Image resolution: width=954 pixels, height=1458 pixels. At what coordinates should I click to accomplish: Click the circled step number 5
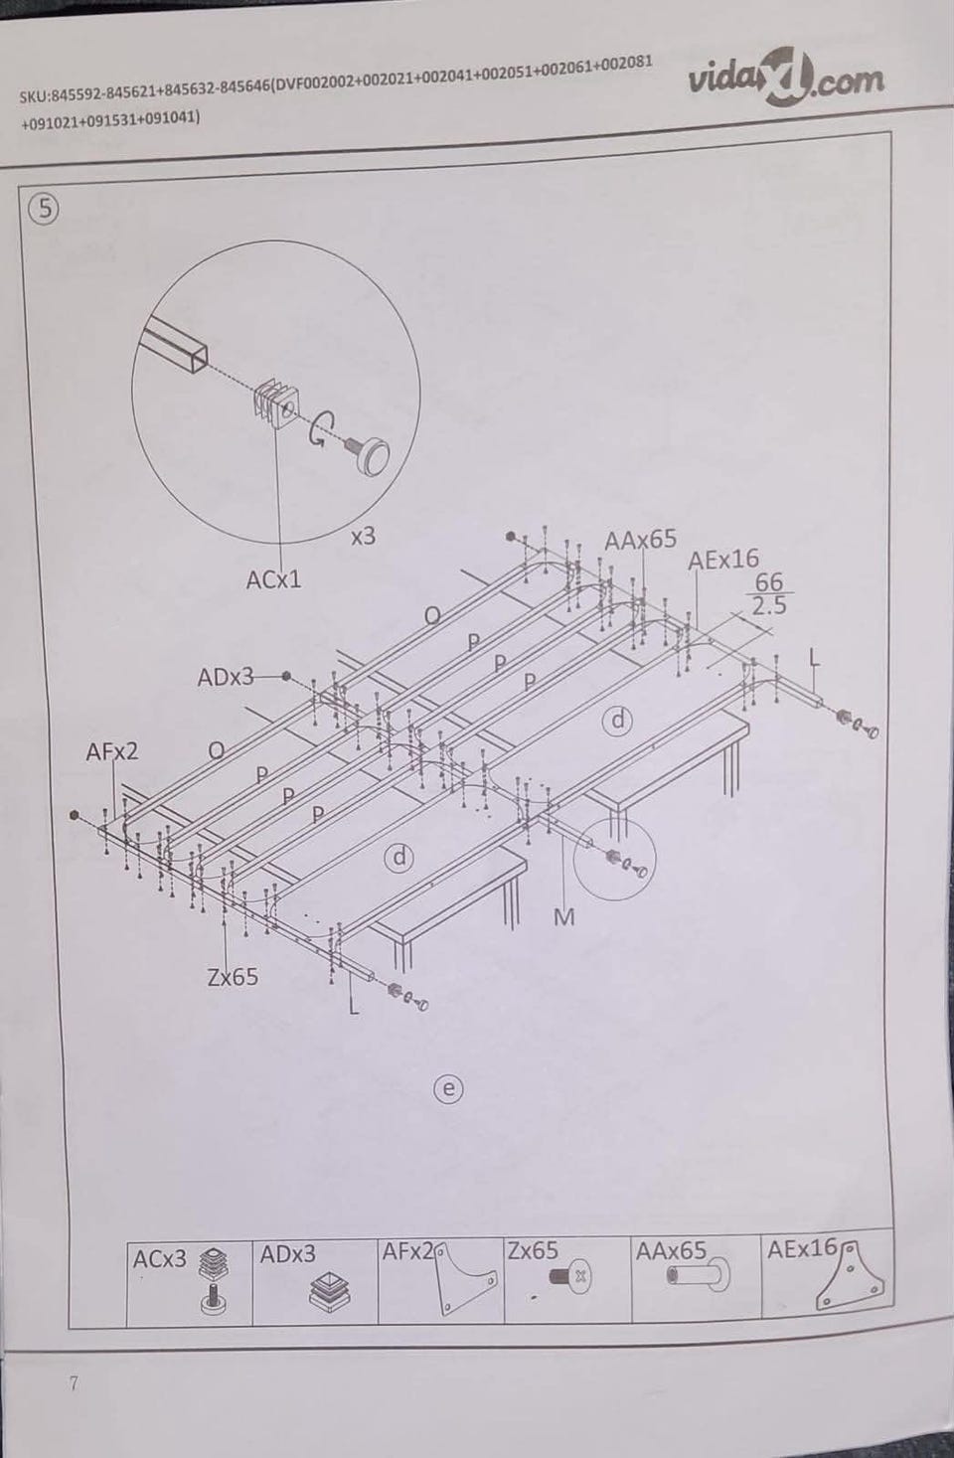tap(45, 209)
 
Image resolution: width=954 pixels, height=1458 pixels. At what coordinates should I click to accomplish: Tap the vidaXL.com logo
tap(786, 78)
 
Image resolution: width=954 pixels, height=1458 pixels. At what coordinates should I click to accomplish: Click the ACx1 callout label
tap(273, 579)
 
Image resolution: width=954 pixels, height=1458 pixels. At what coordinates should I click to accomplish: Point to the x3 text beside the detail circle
tap(363, 537)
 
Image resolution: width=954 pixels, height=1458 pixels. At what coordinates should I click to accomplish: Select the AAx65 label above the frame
tap(640, 540)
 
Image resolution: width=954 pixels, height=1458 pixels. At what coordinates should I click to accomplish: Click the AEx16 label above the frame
tap(723, 559)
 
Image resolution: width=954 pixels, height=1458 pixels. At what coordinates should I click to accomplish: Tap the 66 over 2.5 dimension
tap(769, 593)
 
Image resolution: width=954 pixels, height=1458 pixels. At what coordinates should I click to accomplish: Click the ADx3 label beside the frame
tap(226, 678)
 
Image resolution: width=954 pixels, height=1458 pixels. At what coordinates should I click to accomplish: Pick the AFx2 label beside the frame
tap(112, 751)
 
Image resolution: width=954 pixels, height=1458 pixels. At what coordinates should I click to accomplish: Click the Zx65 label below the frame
tap(233, 977)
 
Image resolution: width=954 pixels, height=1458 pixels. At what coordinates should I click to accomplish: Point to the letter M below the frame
tap(564, 917)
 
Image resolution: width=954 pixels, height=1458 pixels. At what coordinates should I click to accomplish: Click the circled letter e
tap(448, 1088)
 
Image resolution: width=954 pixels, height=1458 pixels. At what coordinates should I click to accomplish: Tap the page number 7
tap(74, 1383)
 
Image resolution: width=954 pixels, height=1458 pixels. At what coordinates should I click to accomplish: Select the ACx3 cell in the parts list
tap(190, 1284)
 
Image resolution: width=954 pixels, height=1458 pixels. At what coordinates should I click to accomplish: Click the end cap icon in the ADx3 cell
tap(330, 1291)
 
